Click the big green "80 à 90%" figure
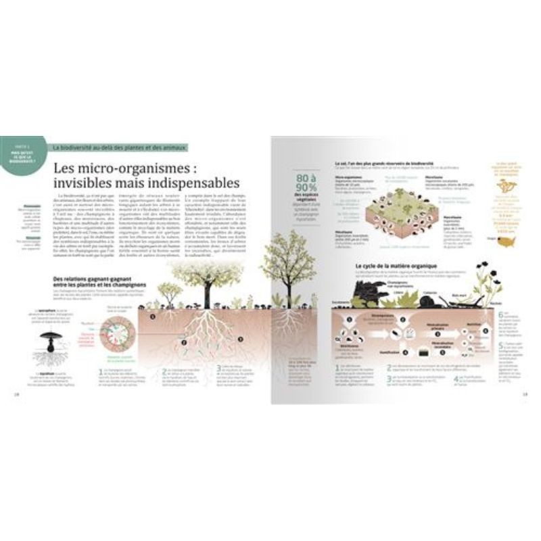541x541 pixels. point(306,184)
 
